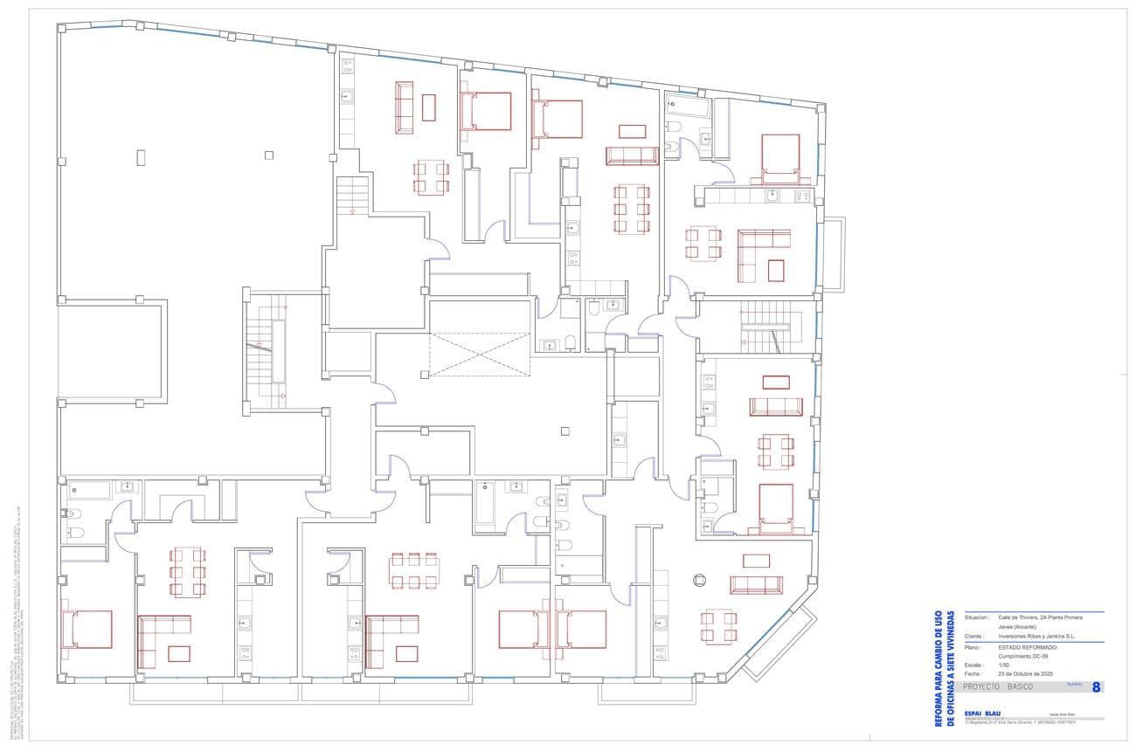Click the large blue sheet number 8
(x=1096, y=687)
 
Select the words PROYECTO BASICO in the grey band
(x=997, y=687)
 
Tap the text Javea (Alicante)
(x=1017, y=627)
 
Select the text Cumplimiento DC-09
(x=1026, y=656)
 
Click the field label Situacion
(x=977, y=617)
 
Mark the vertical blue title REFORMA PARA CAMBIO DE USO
(x=939, y=668)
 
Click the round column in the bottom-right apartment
(x=699, y=578)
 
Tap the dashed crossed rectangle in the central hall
(x=480, y=355)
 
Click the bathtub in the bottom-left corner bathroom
(x=89, y=490)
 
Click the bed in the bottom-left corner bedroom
(x=87, y=630)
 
